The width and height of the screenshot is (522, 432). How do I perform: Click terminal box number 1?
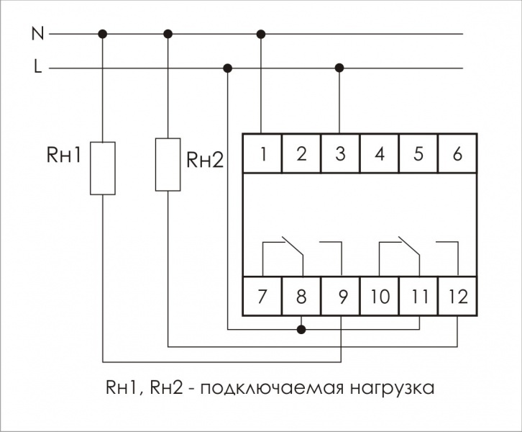(x=262, y=153)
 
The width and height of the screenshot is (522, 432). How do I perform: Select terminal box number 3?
(x=340, y=153)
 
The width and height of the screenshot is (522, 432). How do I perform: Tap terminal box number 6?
(x=457, y=153)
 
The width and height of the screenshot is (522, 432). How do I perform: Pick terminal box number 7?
(x=262, y=296)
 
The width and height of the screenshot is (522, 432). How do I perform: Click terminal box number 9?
(x=340, y=296)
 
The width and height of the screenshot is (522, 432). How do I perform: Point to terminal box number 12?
(x=457, y=296)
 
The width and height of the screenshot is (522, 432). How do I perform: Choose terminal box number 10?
(x=380, y=296)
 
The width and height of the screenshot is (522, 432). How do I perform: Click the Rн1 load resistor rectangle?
(x=103, y=168)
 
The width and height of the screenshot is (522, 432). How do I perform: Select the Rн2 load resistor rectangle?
(x=168, y=165)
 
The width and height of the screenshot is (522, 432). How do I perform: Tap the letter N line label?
(x=37, y=33)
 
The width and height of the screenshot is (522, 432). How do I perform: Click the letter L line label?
(x=38, y=66)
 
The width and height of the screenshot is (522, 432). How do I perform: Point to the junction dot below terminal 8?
(x=301, y=330)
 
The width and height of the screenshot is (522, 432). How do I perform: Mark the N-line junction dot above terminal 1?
(x=261, y=34)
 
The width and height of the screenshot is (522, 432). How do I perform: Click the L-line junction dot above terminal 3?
(x=339, y=68)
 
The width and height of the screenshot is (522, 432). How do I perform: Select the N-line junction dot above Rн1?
(x=103, y=34)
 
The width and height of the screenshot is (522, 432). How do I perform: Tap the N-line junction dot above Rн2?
(x=168, y=34)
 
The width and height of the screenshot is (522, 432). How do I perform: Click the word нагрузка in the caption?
(x=392, y=389)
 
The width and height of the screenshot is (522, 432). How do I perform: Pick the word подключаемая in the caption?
(x=271, y=388)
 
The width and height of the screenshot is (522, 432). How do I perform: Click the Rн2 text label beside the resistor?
(x=205, y=160)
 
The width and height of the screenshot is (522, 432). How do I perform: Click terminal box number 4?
(x=380, y=153)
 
